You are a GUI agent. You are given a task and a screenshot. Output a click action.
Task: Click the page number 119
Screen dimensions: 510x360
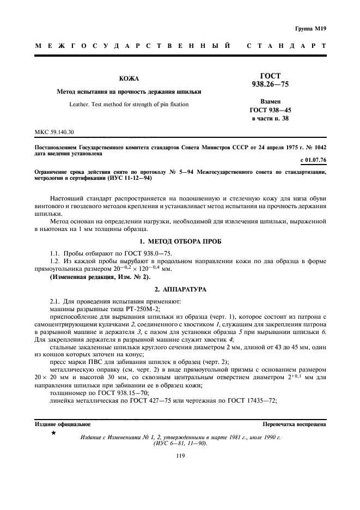[x=181, y=457]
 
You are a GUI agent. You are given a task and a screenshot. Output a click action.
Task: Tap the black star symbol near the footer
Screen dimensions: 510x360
[x=53, y=432]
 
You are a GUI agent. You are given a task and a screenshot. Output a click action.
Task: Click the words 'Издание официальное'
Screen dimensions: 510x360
[x=63, y=423]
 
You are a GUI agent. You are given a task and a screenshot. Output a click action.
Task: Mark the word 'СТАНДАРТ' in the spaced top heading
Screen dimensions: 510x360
[x=286, y=46]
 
